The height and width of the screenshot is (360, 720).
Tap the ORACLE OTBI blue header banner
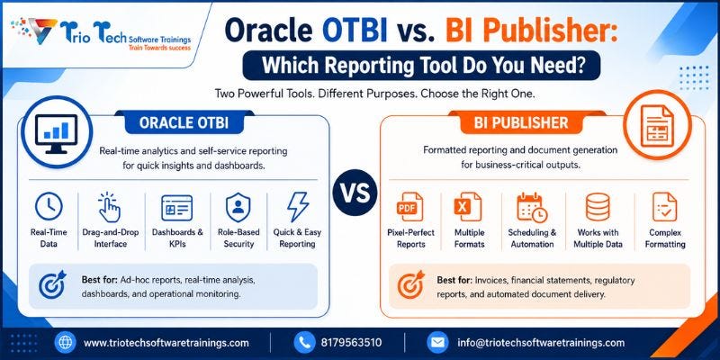(x=184, y=122)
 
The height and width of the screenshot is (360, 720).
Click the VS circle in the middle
(x=355, y=193)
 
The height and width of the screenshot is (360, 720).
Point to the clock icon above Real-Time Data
(x=49, y=206)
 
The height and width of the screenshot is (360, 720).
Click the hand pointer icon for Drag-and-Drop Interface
(x=110, y=207)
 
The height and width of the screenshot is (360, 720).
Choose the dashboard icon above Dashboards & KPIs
(x=176, y=208)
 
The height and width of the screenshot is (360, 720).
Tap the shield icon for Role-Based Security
(x=238, y=207)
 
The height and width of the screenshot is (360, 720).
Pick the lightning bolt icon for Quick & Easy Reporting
(x=298, y=207)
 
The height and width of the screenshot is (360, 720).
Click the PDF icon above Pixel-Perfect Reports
(x=409, y=207)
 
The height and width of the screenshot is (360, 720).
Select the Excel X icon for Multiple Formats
(x=468, y=207)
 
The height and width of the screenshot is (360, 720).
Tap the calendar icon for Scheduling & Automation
(x=532, y=208)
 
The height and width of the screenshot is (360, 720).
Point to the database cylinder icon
(x=598, y=207)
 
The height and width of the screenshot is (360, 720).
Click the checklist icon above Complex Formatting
(x=664, y=207)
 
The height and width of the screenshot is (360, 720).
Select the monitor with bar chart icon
(x=57, y=133)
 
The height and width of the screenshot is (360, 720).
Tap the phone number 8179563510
(x=351, y=343)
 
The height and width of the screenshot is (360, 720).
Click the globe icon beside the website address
(x=65, y=343)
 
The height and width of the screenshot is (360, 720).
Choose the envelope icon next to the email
(x=437, y=343)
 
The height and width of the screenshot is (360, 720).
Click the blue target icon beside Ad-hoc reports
(x=52, y=284)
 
